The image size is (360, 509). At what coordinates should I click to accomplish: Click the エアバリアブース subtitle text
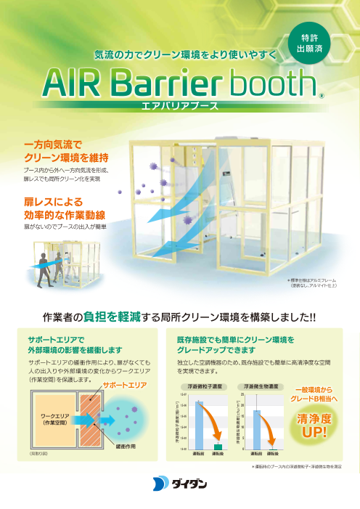point(180,107)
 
